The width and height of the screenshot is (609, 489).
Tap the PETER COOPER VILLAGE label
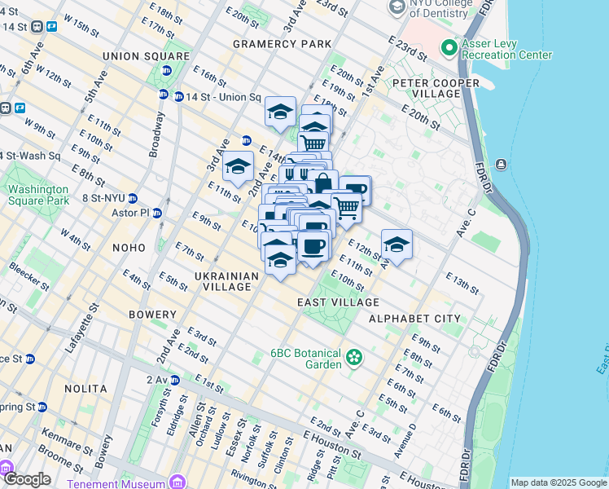pos(437,88)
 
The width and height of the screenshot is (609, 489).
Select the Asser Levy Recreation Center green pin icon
pos(449,48)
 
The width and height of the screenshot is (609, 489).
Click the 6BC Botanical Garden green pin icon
pos(353,357)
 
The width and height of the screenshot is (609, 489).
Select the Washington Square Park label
pos(37,195)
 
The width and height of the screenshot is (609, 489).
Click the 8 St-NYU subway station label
pos(104,197)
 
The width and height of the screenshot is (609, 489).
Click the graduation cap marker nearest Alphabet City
pos(397,244)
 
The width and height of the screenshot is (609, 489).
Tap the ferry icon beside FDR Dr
pos(501,165)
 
